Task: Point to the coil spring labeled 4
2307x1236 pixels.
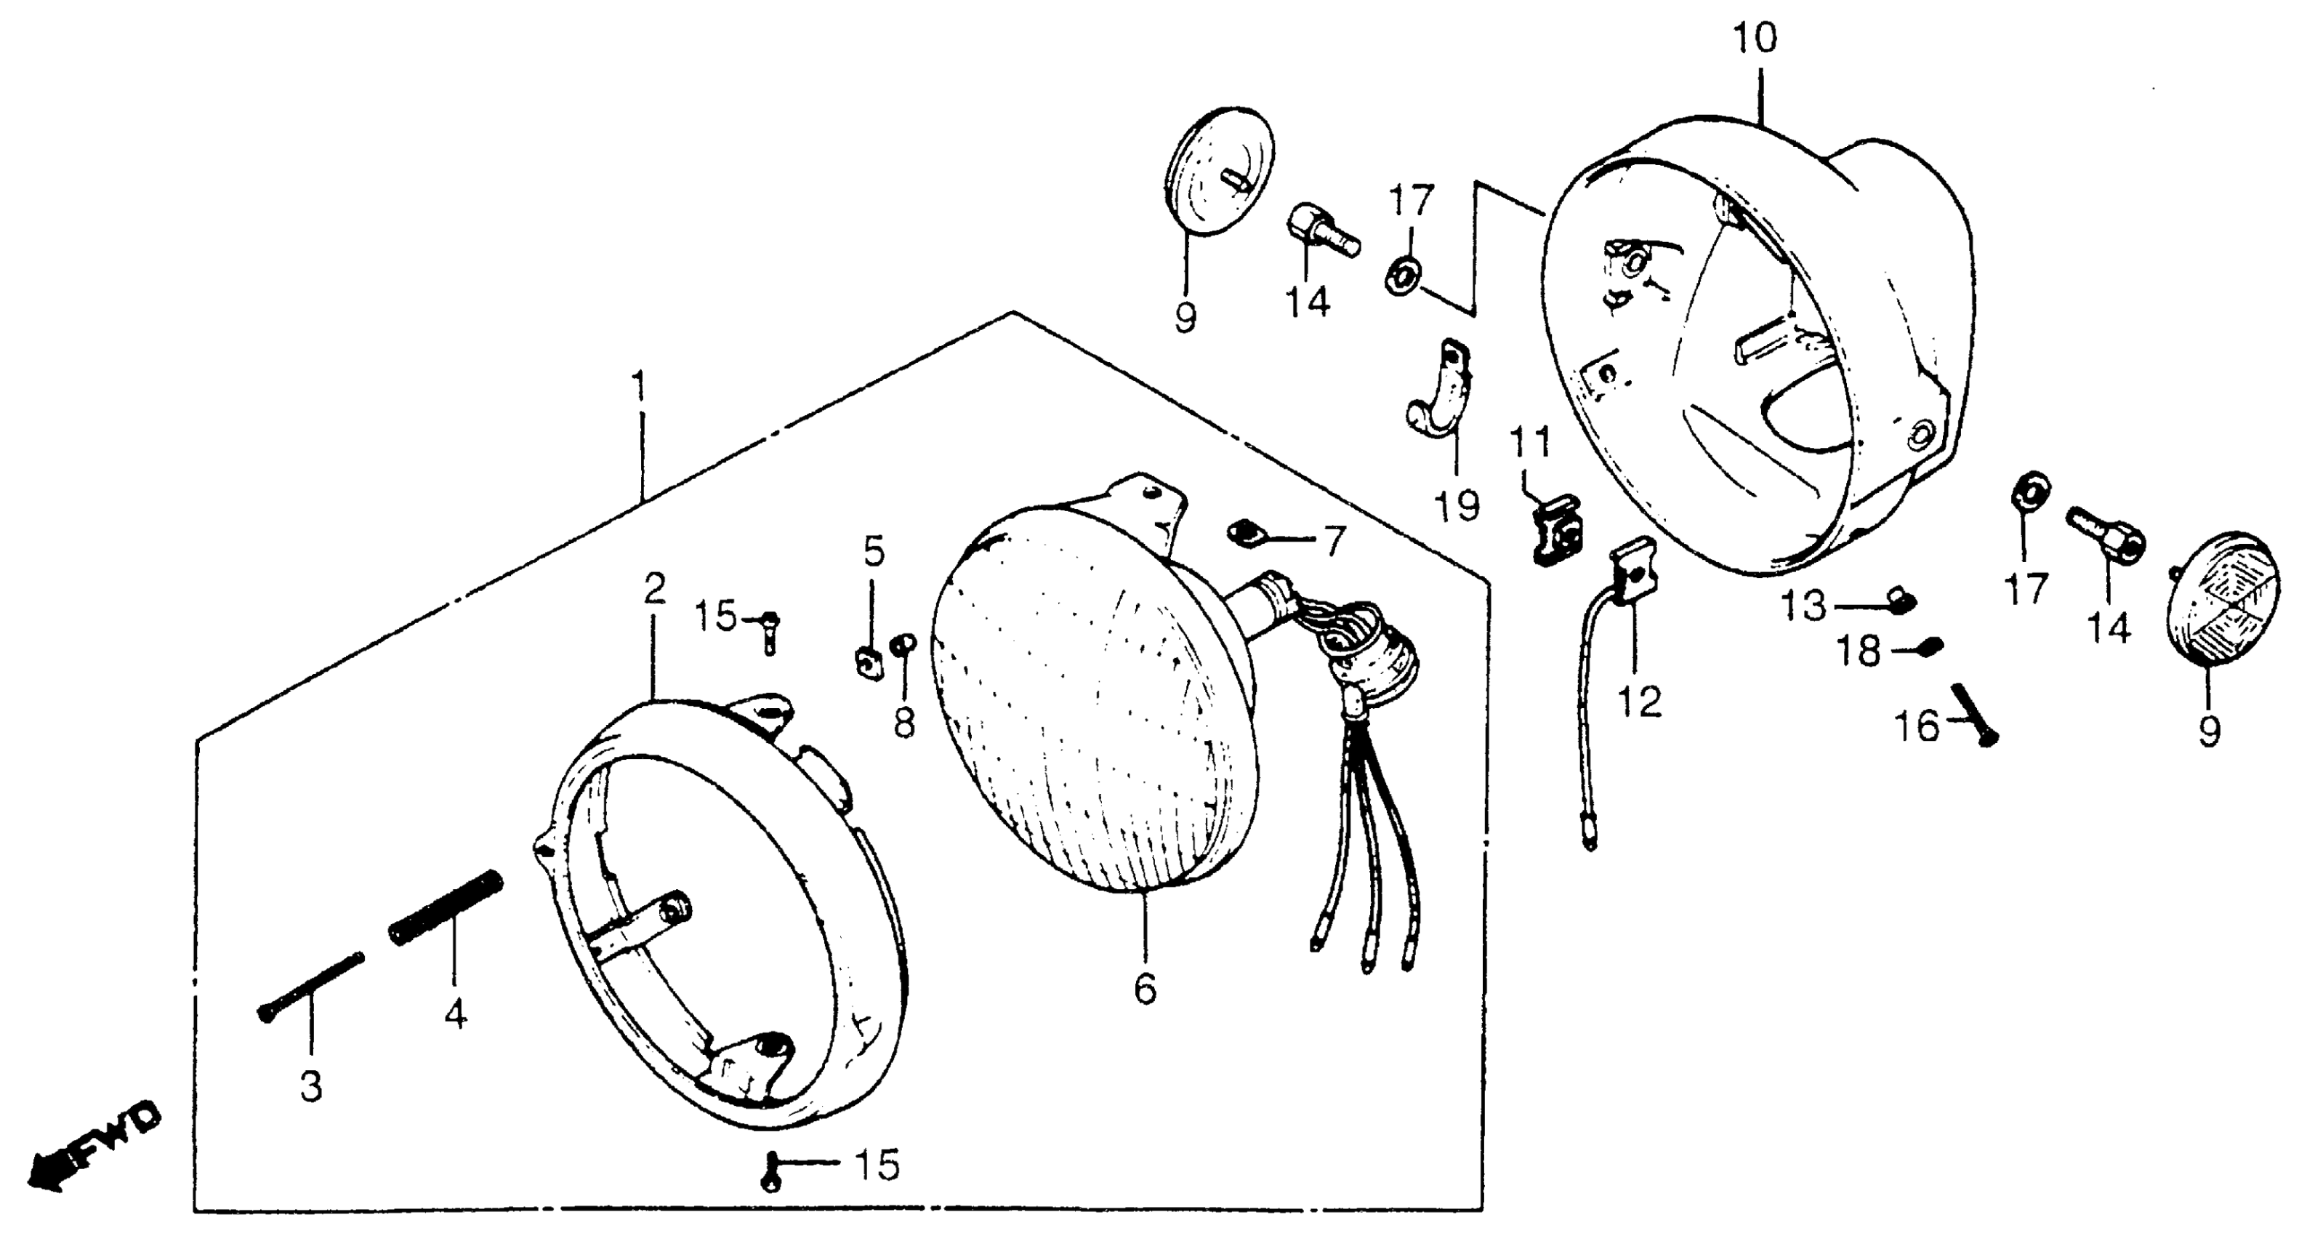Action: click(x=446, y=907)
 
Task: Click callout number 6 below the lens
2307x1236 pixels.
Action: click(x=1145, y=988)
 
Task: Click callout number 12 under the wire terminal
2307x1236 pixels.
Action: click(x=1639, y=702)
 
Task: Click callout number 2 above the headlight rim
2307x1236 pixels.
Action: click(x=655, y=588)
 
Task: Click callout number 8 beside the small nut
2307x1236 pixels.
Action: click(x=903, y=722)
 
